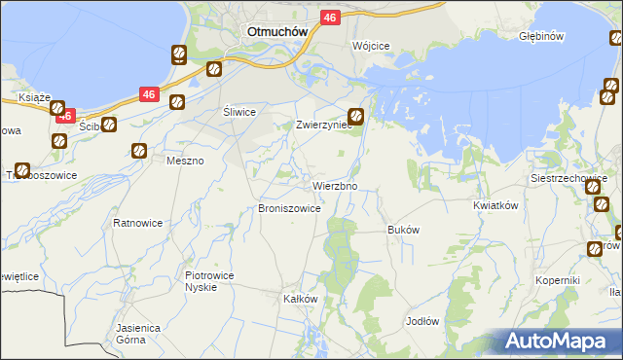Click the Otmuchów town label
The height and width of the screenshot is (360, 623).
(277, 30)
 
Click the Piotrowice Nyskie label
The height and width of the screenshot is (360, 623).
(209, 281)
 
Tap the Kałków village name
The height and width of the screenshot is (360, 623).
(300, 299)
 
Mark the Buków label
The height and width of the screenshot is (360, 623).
(403, 231)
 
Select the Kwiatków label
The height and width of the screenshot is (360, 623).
(494, 206)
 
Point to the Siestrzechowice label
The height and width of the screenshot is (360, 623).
(568, 179)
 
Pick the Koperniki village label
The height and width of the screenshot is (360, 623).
(558, 280)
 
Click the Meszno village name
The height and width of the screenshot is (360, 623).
(185, 161)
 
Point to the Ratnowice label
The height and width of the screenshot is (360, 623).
(137, 223)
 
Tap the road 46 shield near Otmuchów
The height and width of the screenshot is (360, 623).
(330, 18)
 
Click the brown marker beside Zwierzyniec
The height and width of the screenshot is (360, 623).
(357, 117)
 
